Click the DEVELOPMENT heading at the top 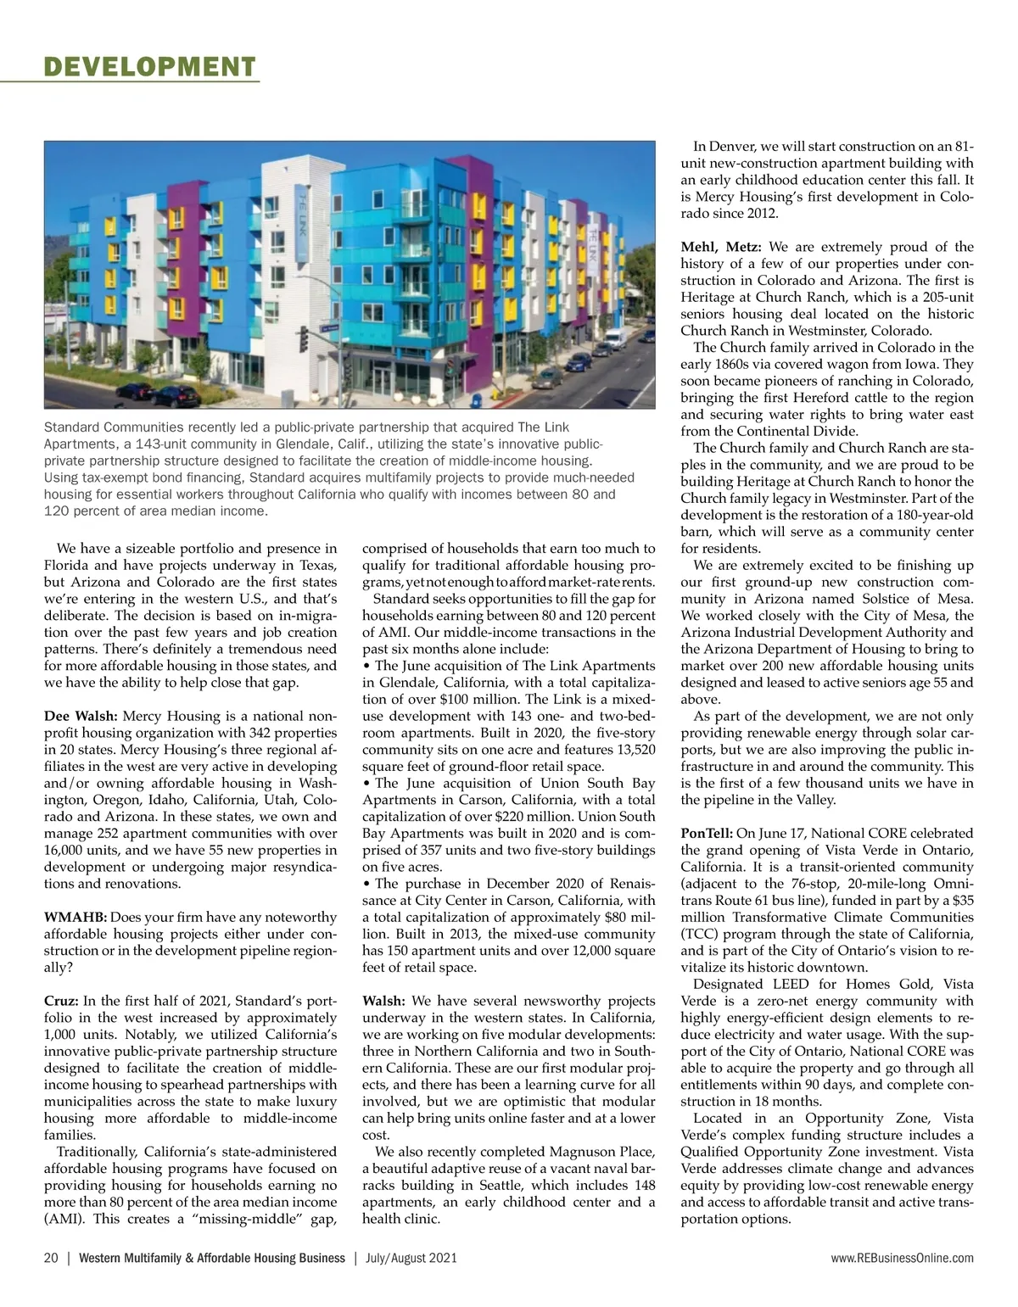pyautogui.click(x=149, y=67)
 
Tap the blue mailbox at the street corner pyautogui.click(x=477, y=397)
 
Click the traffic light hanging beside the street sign pyautogui.click(x=304, y=338)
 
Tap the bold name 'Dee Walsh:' pyautogui.click(x=81, y=716)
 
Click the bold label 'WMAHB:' pyautogui.click(x=75, y=917)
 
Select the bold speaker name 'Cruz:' pyautogui.click(x=62, y=1001)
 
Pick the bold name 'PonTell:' pyautogui.click(x=707, y=833)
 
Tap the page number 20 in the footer pyautogui.click(x=51, y=1258)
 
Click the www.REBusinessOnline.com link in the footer pyautogui.click(x=903, y=1258)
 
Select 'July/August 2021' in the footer pyautogui.click(x=411, y=1258)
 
